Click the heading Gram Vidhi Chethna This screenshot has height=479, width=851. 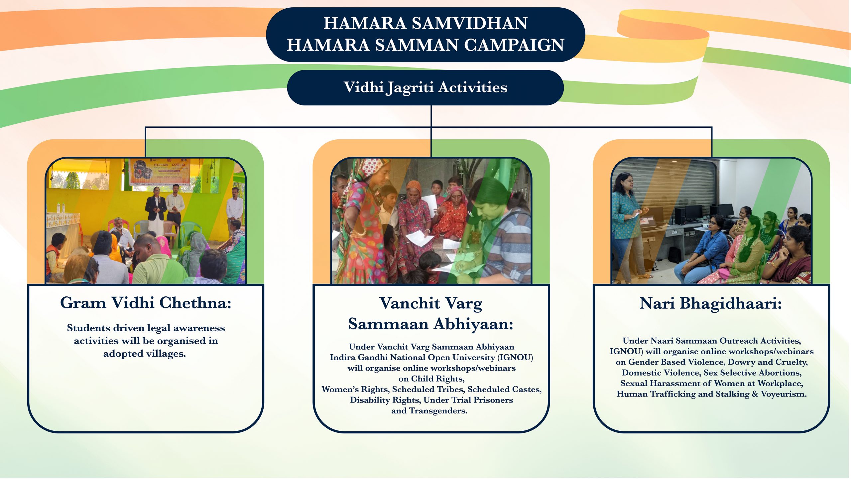coord(146,303)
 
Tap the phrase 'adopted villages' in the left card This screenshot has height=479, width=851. coord(144,354)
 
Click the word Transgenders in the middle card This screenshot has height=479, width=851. coord(438,411)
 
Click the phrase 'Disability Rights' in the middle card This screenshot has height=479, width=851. coord(385,400)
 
